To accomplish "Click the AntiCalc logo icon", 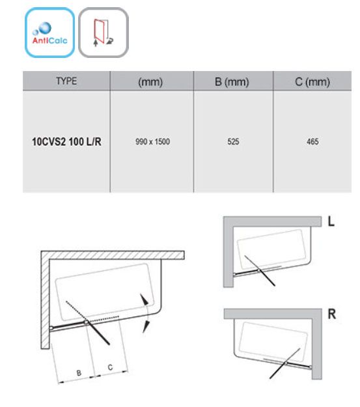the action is point(49,33).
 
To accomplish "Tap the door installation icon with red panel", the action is point(104,33).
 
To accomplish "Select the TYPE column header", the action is point(66,81).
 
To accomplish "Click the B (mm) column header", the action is point(232,82).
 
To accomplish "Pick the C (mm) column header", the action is point(312,82).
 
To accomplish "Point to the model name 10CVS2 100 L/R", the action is point(66,142).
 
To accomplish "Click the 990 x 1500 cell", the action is point(152,142).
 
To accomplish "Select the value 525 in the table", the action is point(233,142).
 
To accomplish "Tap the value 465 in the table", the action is point(312,142).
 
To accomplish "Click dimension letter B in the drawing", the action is point(79,373).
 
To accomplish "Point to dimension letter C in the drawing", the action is point(110,367).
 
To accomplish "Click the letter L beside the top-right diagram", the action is point(331,221).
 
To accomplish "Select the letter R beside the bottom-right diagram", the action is point(332,314).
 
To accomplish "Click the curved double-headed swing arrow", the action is point(147,313).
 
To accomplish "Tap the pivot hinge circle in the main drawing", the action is point(86,322).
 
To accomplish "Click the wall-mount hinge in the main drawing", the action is point(51,328).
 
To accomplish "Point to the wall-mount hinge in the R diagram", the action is point(310,367).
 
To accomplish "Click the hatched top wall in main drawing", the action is point(113,255).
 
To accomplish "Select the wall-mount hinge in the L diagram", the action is point(235,274).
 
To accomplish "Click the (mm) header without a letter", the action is point(150,82).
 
